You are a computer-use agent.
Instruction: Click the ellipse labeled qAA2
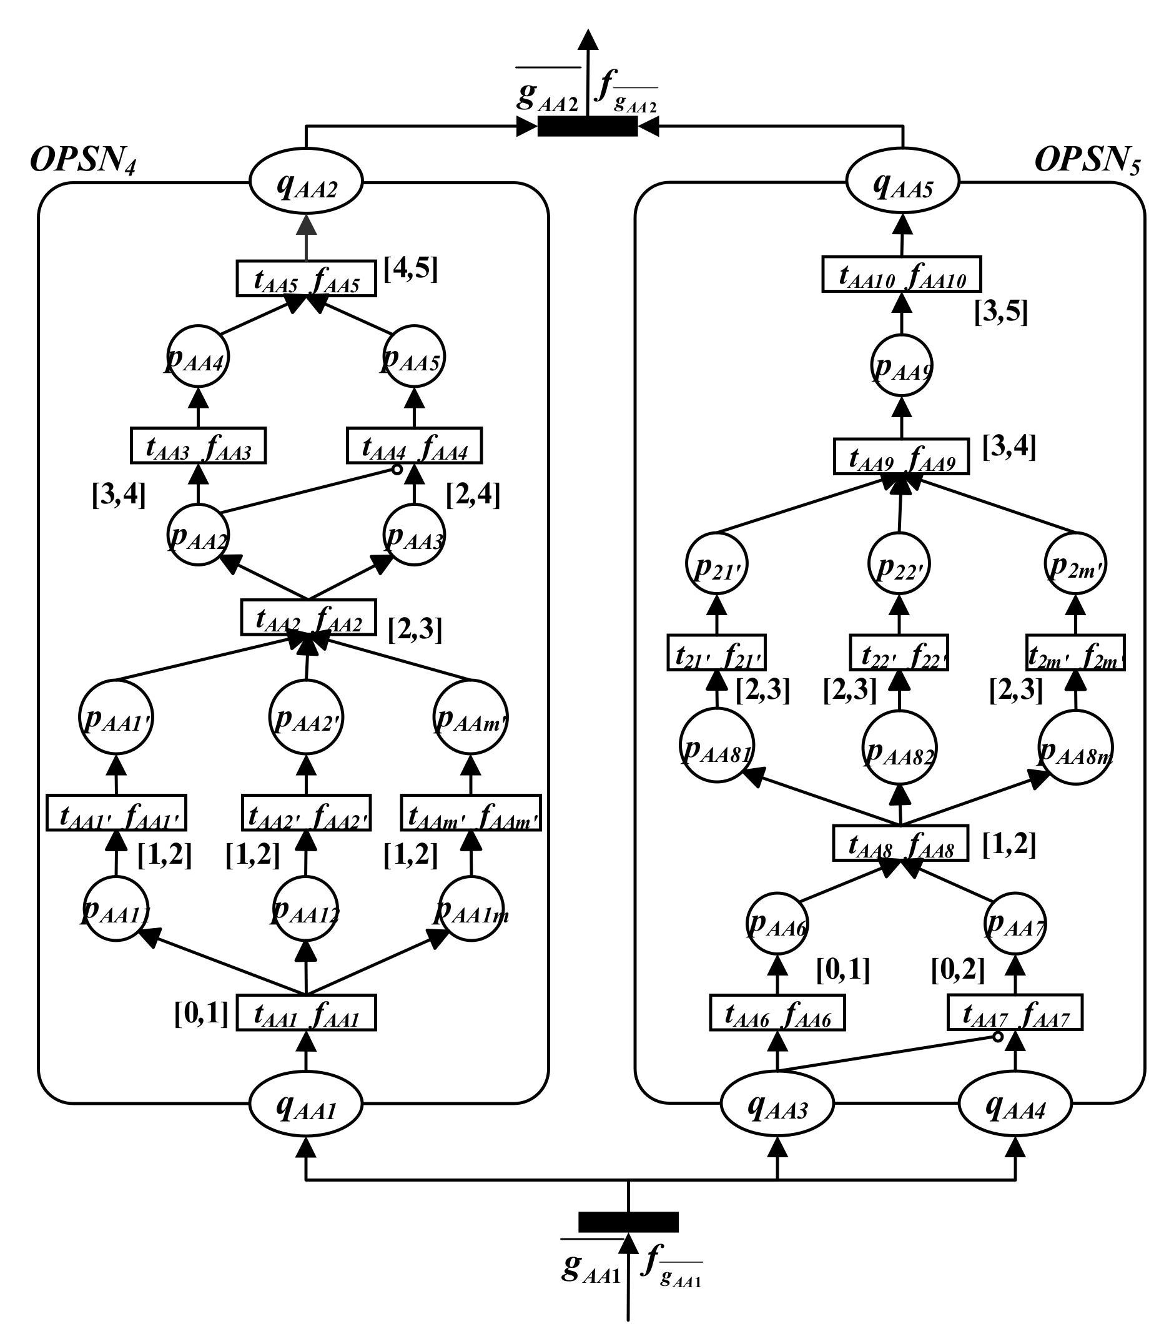[x=306, y=183]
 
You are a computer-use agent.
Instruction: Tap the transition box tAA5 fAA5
[x=306, y=279]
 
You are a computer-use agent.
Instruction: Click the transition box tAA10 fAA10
[x=902, y=274]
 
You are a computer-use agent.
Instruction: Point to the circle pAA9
[x=902, y=365]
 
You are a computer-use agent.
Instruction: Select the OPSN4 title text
[x=83, y=160]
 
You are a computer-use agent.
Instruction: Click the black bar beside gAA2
[x=587, y=126]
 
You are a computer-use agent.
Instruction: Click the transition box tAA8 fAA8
[x=901, y=843]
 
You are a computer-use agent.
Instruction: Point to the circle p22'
[x=899, y=564]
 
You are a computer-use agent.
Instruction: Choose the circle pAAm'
[x=471, y=718]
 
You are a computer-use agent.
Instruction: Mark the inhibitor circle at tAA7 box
[x=997, y=1037]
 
